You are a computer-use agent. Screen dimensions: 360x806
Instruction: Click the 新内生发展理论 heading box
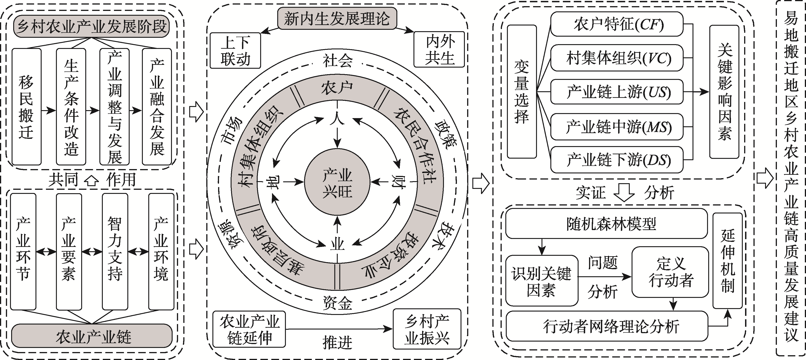337,19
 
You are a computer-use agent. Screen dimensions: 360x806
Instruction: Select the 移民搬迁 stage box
27,106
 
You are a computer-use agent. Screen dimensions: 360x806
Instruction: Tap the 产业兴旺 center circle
337,183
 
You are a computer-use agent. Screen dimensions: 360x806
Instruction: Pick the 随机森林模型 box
606,223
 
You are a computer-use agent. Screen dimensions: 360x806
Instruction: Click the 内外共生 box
439,49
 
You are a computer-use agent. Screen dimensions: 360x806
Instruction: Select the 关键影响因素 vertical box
724,92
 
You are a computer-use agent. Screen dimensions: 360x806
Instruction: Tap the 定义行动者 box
670,272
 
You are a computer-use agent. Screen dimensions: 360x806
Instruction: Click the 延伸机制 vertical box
728,261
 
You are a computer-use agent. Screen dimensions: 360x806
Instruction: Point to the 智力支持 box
115,252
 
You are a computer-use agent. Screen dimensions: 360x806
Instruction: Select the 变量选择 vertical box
521,92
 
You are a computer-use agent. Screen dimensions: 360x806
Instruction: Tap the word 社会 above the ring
337,61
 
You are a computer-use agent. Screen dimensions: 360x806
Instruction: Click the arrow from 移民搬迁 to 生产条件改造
48,110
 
